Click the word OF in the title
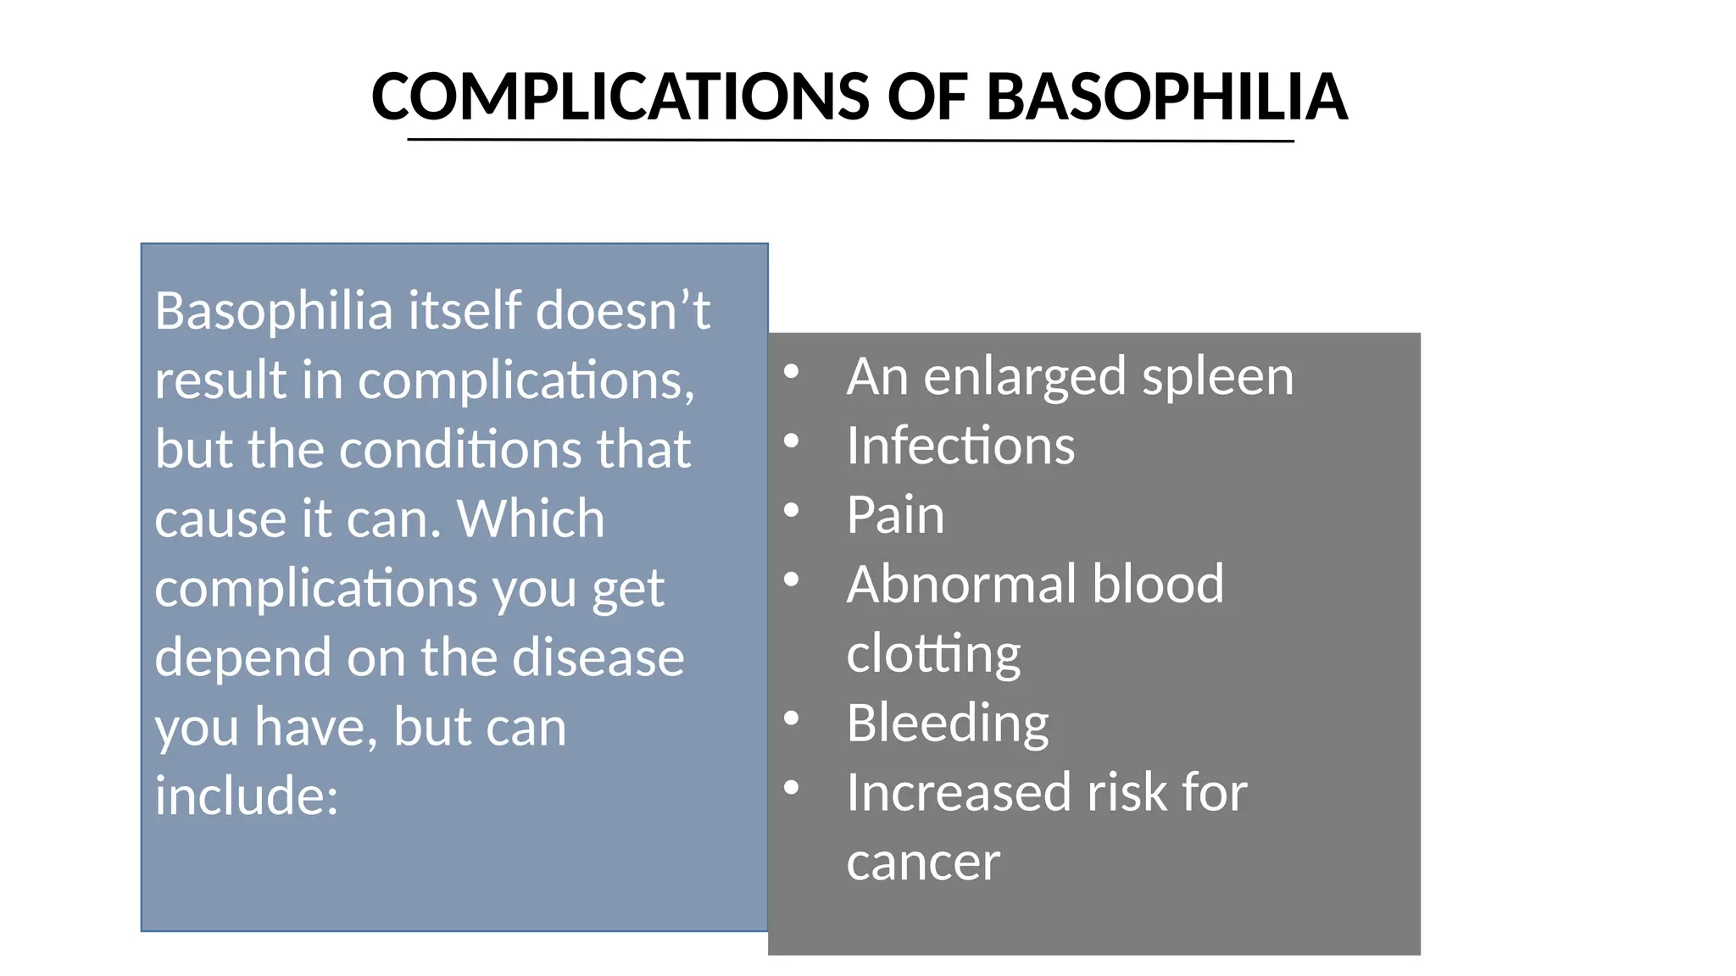(927, 97)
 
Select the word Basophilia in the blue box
(274, 311)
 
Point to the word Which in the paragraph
(531, 518)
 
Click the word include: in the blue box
(247, 796)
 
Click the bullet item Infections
(960, 446)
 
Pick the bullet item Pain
(895, 515)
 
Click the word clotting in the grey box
(933, 654)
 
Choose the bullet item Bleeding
(948, 724)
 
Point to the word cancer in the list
(923, 862)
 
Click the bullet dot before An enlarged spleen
(792, 372)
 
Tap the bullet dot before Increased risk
(792, 789)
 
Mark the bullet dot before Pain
(792, 511)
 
